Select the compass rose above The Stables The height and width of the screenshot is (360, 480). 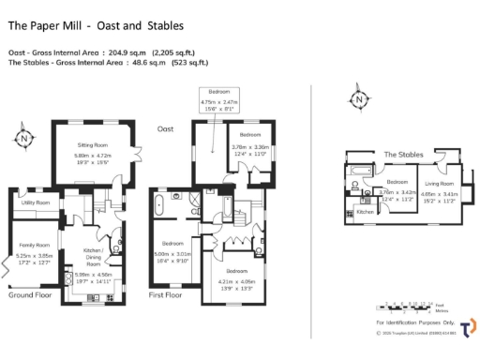pos(356,98)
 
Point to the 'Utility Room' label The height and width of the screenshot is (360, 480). pos(36,202)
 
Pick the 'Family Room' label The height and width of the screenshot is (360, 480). pos(36,245)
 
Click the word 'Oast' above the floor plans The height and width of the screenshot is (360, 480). pos(165,128)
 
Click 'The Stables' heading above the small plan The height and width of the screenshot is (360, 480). pos(403,154)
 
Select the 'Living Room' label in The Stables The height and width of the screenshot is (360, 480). pos(439,184)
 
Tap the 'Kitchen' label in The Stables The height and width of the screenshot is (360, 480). pos(366,212)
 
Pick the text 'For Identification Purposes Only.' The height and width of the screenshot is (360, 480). pos(404,322)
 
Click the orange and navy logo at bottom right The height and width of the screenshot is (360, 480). pos(466,327)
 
